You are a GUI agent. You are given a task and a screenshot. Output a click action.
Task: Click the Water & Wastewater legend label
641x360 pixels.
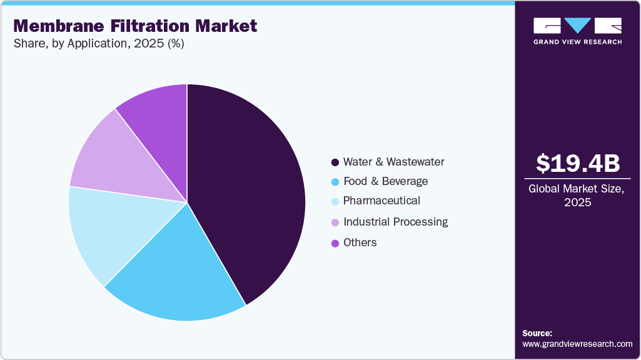point(394,162)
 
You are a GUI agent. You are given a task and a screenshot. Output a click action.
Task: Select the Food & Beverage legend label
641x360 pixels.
point(386,181)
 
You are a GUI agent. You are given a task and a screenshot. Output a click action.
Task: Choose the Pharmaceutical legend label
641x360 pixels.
point(381,201)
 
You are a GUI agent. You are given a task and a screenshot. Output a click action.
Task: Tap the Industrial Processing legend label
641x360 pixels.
point(396,222)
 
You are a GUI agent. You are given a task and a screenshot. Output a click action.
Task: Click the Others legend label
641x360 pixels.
point(360,242)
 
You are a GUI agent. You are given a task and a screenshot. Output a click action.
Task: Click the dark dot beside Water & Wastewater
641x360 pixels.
point(335,162)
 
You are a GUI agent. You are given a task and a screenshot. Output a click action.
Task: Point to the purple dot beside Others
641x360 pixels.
point(335,243)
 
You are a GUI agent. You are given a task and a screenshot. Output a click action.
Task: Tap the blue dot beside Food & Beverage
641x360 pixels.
point(335,182)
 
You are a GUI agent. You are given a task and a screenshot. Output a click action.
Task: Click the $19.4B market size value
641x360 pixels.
point(577,163)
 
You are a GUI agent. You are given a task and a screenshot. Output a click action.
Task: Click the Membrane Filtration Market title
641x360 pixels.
point(135,26)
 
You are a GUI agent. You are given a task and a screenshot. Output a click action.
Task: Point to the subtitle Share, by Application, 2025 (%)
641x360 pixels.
point(98,44)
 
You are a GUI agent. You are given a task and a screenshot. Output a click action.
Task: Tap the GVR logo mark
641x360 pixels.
point(577,26)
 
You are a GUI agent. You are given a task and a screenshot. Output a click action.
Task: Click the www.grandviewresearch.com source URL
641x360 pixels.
point(577,344)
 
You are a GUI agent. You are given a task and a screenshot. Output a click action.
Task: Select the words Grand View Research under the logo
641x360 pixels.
point(577,42)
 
